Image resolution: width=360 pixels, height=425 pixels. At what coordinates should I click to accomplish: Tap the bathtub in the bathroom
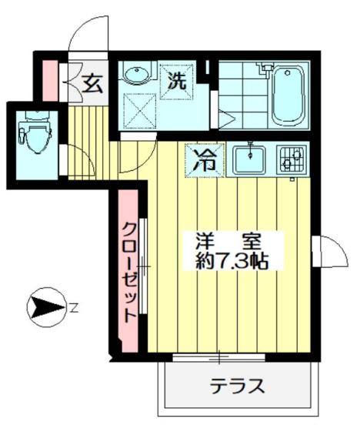point(289,96)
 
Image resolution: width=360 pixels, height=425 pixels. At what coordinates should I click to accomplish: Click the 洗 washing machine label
point(177,82)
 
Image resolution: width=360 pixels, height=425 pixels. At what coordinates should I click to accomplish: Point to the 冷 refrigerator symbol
point(205,160)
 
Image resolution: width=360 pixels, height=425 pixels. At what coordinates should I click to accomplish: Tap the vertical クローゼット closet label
point(130,270)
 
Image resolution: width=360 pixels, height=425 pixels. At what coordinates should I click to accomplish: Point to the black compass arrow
point(45,308)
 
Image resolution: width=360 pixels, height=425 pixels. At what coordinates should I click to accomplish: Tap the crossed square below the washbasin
point(139,109)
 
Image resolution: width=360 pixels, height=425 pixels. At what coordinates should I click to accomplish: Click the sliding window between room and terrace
point(220,357)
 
